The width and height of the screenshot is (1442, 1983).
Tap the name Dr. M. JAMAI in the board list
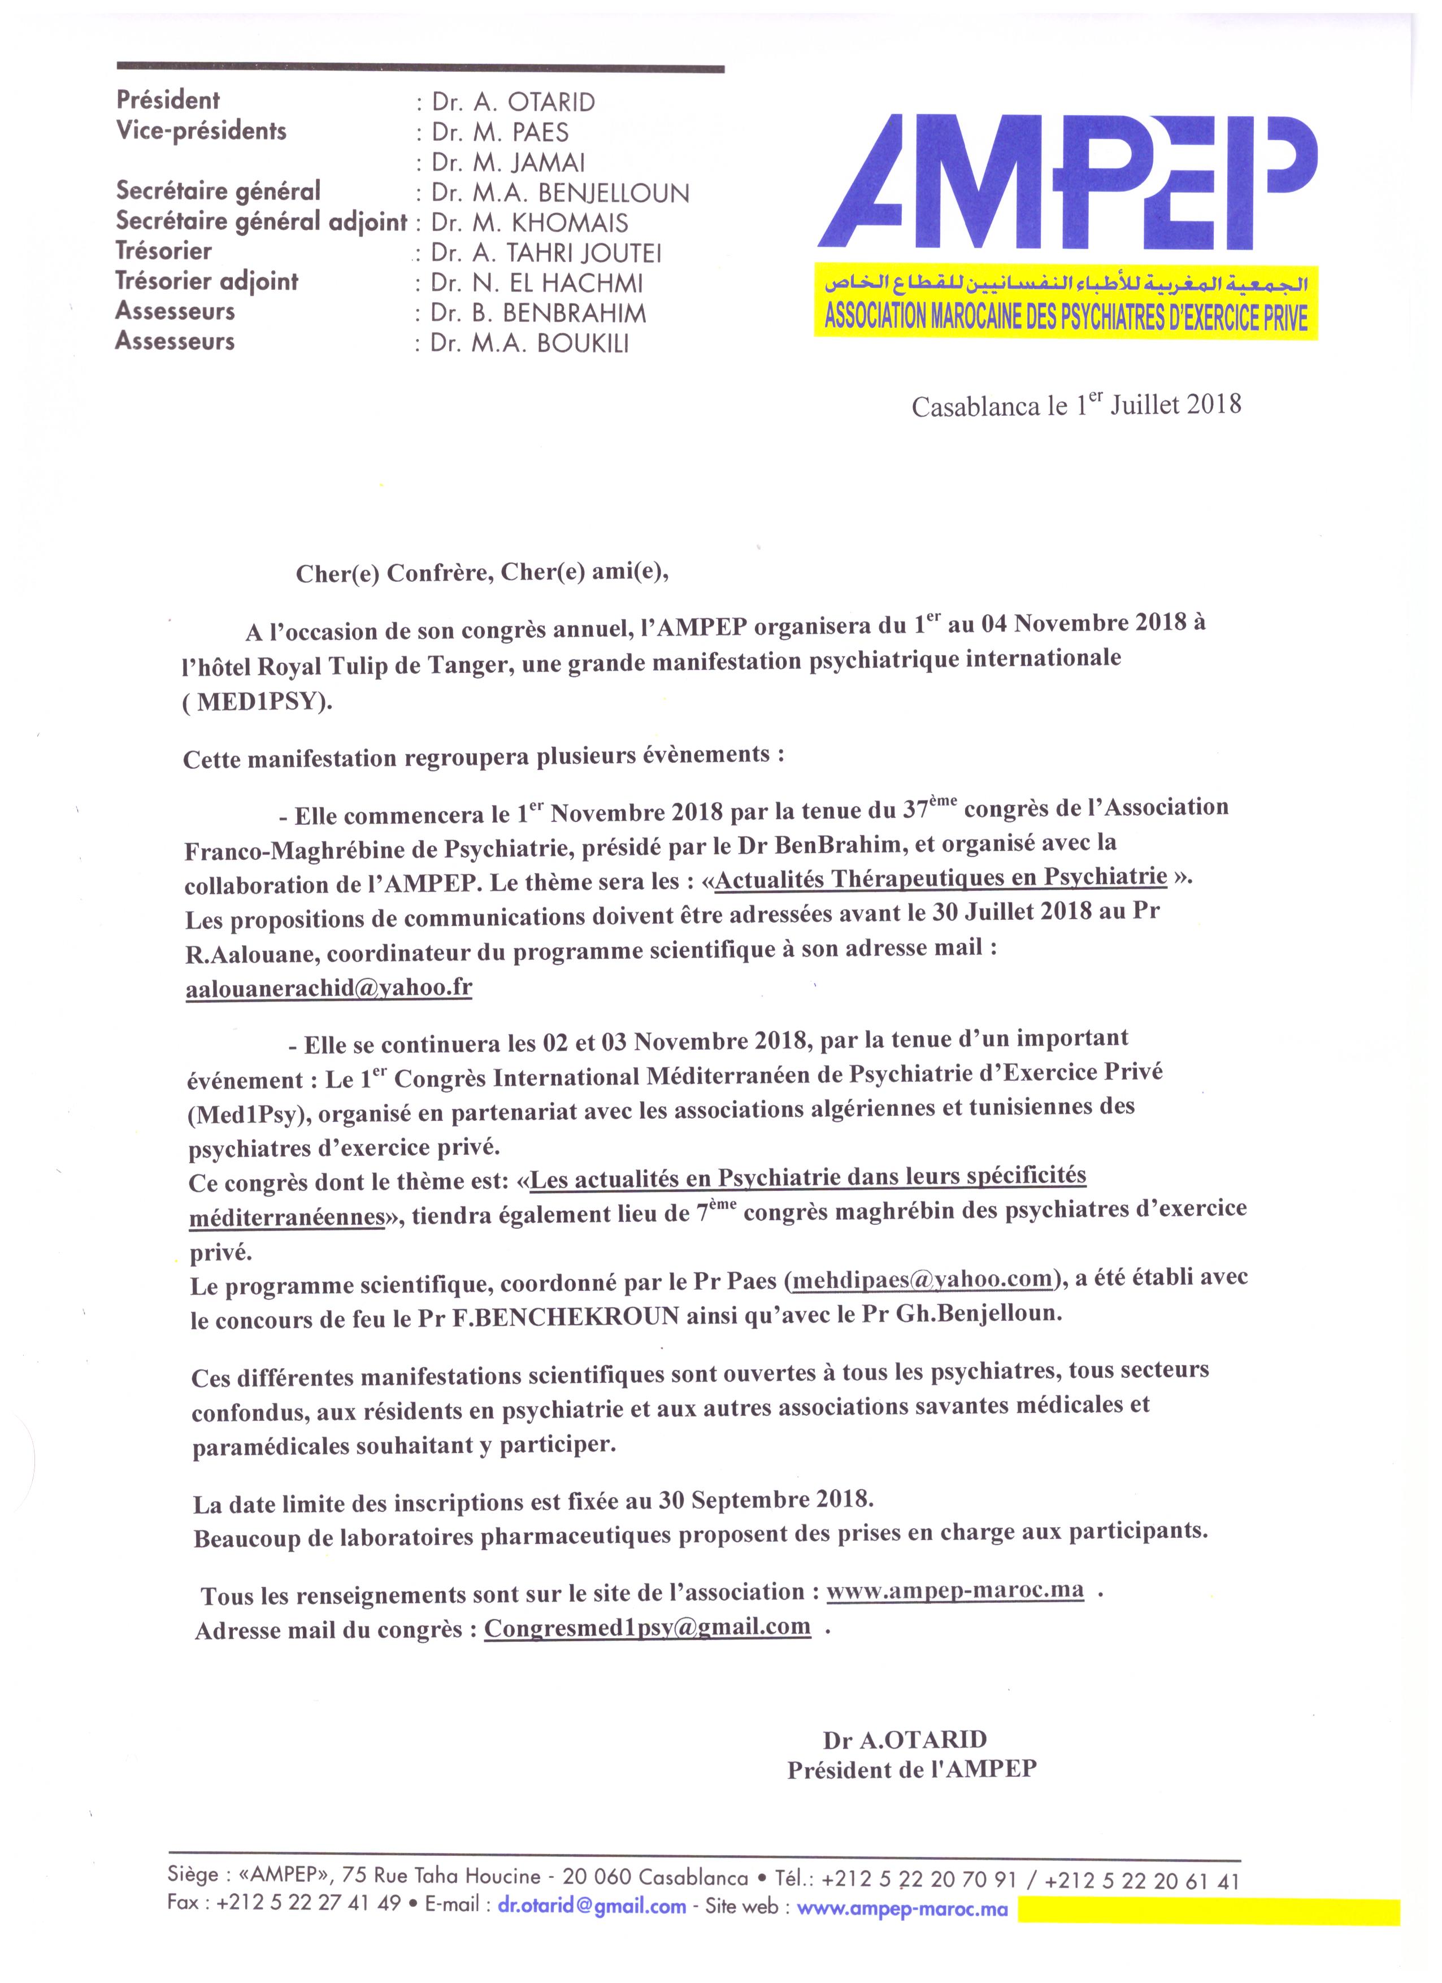(508, 163)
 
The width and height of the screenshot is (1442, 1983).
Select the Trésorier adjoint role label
(207, 281)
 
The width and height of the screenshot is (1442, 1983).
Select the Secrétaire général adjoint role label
(262, 221)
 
